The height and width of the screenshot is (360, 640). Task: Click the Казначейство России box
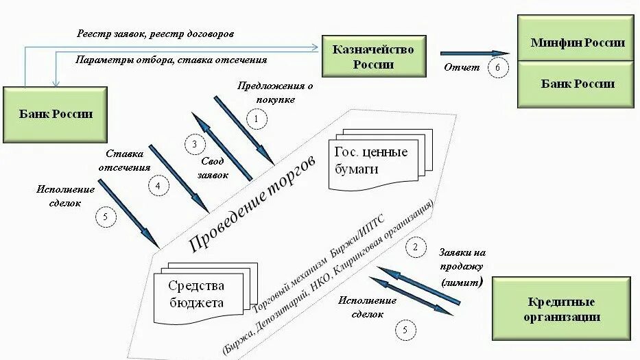tap(373, 57)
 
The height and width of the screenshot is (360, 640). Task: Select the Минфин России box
tap(578, 43)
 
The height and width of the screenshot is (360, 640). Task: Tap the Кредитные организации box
tap(562, 309)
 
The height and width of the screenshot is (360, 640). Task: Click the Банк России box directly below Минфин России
tap(578, 84)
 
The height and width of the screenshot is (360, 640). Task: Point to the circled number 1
tap(257, 121)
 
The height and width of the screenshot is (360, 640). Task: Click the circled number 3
tap(195, 144)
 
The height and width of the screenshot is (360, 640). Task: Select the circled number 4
tap(158, 185)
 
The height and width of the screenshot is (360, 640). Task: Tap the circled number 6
tap(499, 67)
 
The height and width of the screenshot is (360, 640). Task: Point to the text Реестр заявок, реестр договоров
tap(157, 33)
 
